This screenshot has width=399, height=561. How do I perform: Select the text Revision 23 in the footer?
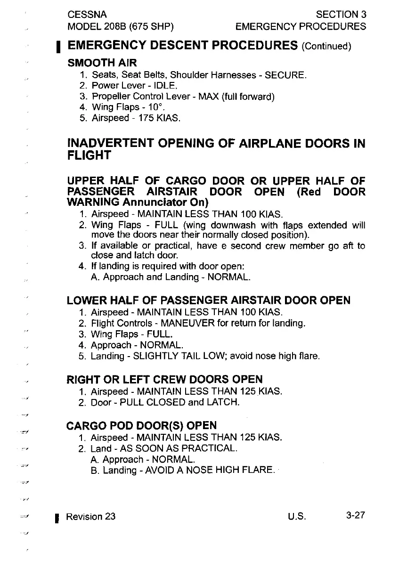(90, 516)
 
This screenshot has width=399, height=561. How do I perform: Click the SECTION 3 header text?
(341, 14)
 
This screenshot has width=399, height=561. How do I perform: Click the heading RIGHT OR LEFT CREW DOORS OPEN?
(165, 379)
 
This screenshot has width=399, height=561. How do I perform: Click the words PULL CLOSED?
(150, 402)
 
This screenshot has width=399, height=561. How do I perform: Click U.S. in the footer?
(297, 516)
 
